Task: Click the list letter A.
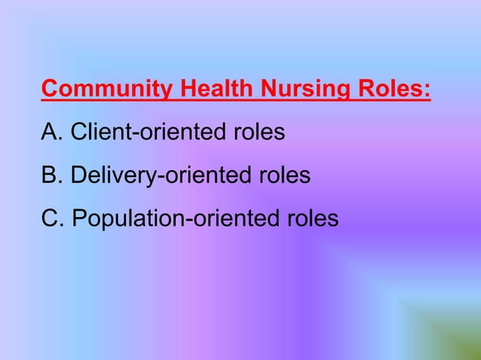coord(49,133)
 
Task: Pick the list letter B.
coord(49,175)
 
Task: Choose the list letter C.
coord(50,218)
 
